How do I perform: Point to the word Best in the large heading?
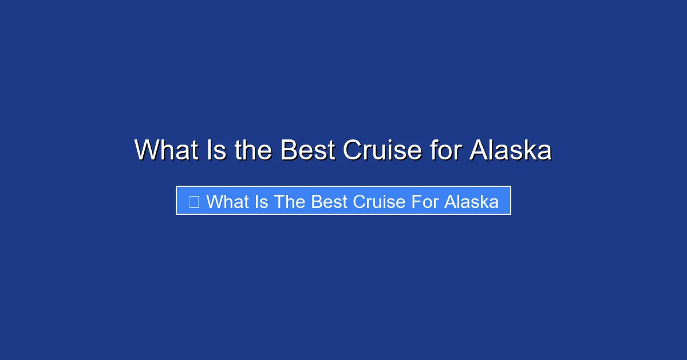click(x=307, y=150)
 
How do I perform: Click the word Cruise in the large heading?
click(x=382, y=150)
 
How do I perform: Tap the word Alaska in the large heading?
click(x=511, y=150)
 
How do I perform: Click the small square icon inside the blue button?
click(x=194, y=201)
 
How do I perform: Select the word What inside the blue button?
click(x=227, y=201)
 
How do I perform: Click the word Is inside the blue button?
click(x=262, y=201)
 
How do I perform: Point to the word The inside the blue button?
click(x=290, y=201)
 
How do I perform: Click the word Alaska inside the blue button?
click(x=472, y=201)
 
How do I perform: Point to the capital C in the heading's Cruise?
click(x=353, y=150)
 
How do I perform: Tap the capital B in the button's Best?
click(x=317, y=201)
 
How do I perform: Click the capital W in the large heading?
click(x=147, y=150)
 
